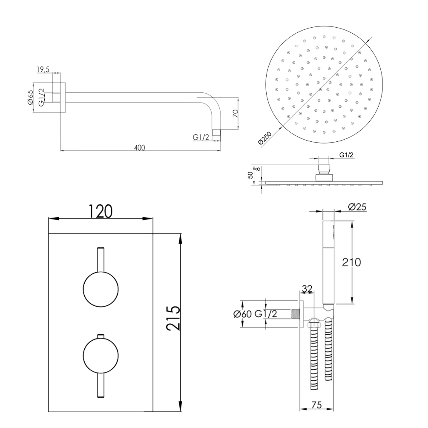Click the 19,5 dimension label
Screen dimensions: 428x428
43,69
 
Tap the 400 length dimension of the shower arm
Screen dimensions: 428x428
140,148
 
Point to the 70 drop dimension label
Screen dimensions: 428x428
236,113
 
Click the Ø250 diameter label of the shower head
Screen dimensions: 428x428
265,138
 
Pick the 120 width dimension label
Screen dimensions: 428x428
101,211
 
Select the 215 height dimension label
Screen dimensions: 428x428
174,318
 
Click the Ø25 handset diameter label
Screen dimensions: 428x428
357,207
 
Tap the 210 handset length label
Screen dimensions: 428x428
352,262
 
